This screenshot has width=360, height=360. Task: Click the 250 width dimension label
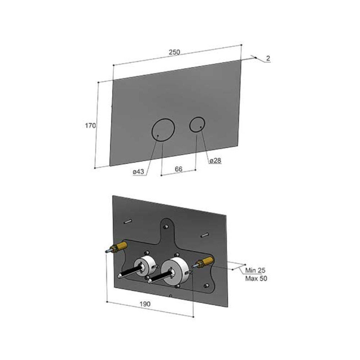(x=174, y=52)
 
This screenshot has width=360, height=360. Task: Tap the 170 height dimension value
(x=90, y=126)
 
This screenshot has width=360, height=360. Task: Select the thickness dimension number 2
(x=268, y=58)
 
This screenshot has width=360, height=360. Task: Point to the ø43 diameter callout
(x=139, y=171)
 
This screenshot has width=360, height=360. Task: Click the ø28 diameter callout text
(x=215, y=161)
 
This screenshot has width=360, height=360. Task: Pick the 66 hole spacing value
(x=179, y=169)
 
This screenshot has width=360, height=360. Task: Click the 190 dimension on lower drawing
(x=145, y=304)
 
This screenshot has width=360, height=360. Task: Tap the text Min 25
(x=255, y=270)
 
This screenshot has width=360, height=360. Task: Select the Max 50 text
(x=256, y=279)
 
